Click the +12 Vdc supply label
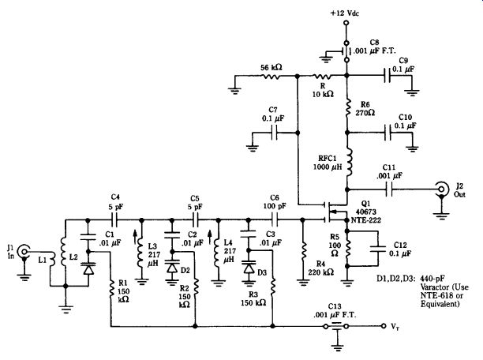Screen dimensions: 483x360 pyautogui.click(x=344, y=13)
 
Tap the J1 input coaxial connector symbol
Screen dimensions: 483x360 pyautogui.click(x=24, y=251)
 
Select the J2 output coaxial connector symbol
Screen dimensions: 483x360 pyautogui.click(x=441, y=189)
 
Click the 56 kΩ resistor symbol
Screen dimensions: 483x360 pyautogui.click(x=271, y=75)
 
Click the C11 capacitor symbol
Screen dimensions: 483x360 pyautogui.click(x=389, y=189)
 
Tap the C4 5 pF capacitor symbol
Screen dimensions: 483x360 pyautogui.click(x=114, y=220)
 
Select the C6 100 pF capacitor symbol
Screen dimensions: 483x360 pyautogui.click(x=274, y=220)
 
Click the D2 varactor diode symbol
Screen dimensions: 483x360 pyautogui.click(x=172, y=267)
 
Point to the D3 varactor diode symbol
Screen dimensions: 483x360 pyautogui.click(x=249, y=267)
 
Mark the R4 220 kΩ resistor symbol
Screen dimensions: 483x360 pyautogui.click(x=303, y=250)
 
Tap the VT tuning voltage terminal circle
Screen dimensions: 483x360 pyautogui.click(x=384, y=326)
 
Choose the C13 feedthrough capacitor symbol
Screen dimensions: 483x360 pyautogui.click(x=338, y=326)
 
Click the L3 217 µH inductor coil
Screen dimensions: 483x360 pyautogui.click(x=140, y=253)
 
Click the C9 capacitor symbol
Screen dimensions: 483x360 pyautogui.click(x=388, y=75)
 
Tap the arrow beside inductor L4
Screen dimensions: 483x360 pyautogui.click(x=210, y=238)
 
